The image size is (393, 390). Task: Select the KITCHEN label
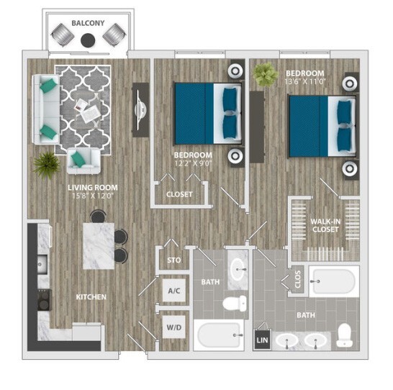91,296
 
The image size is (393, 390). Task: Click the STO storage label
173,260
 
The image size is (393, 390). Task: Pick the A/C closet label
173,291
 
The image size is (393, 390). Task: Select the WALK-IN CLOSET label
325,225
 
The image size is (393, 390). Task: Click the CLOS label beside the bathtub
298,279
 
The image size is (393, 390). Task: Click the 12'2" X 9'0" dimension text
193,163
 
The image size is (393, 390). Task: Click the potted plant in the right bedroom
266,73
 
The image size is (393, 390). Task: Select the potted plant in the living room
46,162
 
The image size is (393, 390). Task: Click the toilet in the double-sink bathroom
345,334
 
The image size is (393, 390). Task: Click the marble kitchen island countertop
98,245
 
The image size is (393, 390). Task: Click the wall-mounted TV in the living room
141,106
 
